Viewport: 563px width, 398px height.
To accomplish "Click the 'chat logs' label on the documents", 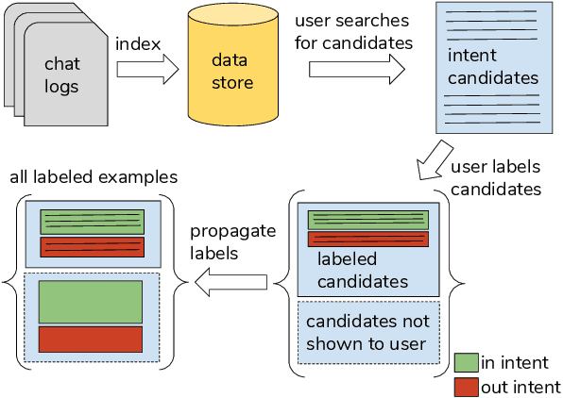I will coord(63,75).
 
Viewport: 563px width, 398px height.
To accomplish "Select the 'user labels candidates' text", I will coord(495,177).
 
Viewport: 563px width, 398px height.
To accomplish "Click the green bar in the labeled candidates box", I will coord(368,219).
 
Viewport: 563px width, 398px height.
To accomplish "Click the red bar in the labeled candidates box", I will coord(368,239).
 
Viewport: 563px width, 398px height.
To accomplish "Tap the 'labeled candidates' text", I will coord(362,270).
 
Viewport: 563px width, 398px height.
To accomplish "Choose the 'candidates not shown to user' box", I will coord(368,330).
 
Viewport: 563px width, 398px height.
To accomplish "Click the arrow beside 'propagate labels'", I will coord(231,279).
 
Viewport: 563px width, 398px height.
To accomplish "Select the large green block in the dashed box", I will coord(91,301).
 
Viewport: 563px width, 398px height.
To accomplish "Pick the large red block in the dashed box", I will coord(91,339).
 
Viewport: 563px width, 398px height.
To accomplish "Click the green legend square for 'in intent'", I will coord(466,362).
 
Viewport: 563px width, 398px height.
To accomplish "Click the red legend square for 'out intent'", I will coord(466,386).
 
